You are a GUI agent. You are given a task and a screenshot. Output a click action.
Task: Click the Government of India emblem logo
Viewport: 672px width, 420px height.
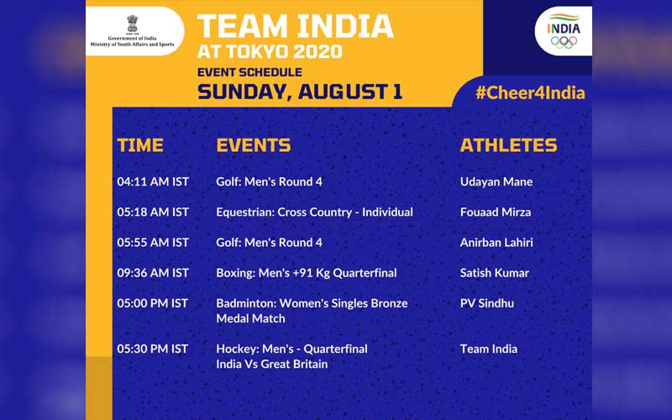[x=133, y=24]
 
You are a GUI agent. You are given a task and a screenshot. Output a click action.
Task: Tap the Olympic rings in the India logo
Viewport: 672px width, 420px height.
[x=564, y=42]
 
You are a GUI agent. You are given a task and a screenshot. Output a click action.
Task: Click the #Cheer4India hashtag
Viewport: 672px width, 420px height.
[x=530, y=93]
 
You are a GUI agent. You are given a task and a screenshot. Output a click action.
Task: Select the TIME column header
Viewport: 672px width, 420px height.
[x=140, y=145]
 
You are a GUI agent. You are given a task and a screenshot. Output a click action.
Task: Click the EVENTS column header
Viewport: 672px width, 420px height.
[x=254, y=145]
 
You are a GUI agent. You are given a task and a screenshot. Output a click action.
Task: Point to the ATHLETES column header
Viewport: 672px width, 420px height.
[x=508, y=145]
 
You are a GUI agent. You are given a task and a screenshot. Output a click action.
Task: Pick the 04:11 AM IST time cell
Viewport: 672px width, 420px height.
[x=153, y=181]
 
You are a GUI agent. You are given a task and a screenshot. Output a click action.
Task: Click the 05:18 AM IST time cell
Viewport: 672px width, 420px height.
[x=153, y=213]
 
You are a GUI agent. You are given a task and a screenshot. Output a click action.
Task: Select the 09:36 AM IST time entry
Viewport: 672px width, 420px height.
[x=153, y=273]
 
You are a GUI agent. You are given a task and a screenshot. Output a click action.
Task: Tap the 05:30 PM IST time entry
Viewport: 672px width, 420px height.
[x=153, y=349]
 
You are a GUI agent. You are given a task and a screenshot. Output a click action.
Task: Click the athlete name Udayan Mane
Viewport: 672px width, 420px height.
[x=496, y=182]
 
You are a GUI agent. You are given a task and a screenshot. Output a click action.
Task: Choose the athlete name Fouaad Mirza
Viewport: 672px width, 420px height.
[x=496, y=213]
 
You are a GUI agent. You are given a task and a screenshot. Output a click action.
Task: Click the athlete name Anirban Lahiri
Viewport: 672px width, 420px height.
[x=496, y=243]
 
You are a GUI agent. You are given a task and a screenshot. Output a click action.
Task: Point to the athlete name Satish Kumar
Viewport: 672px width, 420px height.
[x=495, y=273]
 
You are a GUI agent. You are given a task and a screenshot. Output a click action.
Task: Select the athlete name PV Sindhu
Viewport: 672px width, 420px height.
[x=487, y=303]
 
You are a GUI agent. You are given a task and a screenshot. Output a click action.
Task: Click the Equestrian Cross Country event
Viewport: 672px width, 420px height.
[x=314, y=213]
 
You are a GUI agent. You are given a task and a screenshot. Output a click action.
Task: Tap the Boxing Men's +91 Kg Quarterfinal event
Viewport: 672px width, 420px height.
[x=307, y=274]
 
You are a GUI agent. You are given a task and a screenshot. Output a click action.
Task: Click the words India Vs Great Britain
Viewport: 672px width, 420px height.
[x=271, y=365]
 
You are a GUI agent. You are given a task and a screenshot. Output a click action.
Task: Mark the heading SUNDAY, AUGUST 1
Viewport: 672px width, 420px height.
[x=300, y=92]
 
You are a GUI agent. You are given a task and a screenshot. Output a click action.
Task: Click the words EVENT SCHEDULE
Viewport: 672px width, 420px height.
[x=249, y=72]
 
